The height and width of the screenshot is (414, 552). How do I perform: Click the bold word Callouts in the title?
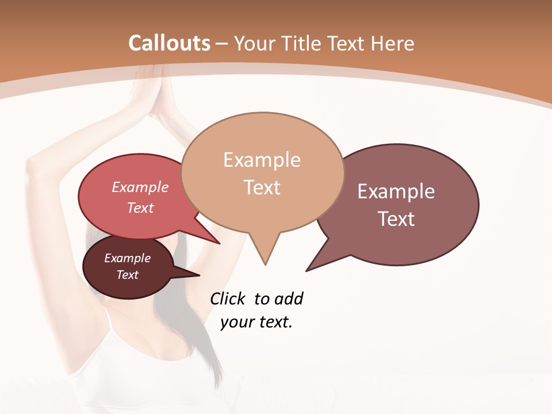tap(169, 43)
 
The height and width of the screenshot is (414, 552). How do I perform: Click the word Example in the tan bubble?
tap(262, 160)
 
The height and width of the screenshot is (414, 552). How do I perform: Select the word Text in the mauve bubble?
tap(397, 219)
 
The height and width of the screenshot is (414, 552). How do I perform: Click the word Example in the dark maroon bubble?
tap(127, 258)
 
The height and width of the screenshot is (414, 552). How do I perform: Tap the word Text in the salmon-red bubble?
tap(140, 208)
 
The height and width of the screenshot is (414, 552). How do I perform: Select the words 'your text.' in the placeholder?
tap(256, 322)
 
